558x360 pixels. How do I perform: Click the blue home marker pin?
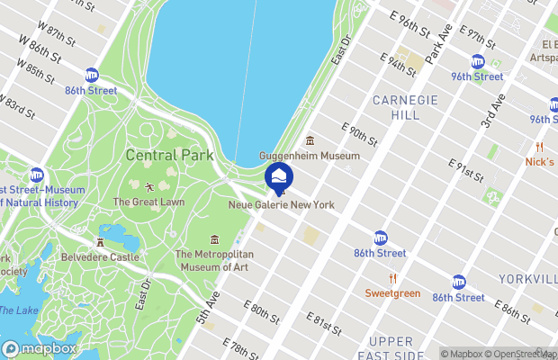click(x=279, y=176)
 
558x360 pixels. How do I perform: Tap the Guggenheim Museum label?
click(x=310, y=156)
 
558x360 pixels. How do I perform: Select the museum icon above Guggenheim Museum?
click(x=310, y=140)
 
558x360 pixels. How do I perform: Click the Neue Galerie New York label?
click(x=281, y=205)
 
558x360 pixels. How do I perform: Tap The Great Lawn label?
click(x=149, y=202)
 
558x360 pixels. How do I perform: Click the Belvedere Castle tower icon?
click(x=100, y=243)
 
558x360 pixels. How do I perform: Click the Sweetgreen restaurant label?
click(x=392, y=292)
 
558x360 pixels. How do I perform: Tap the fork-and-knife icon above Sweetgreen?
click(x=392, y=278)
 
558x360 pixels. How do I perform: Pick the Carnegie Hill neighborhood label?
click(x=414, y=107)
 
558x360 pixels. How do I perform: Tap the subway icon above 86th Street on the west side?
click(x=91, y=75)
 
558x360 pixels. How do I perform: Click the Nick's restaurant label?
click(x=539, y=162)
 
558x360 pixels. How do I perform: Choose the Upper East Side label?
click(x=391, y=349)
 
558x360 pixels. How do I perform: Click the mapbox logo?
click(x=40, y=348)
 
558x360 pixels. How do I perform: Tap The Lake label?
click(x=17, y=310)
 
